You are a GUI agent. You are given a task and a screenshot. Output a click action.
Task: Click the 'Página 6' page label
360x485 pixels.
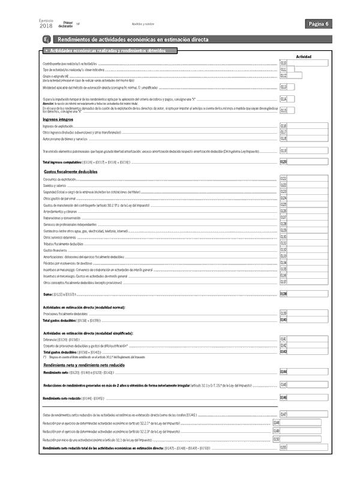pos(318,24)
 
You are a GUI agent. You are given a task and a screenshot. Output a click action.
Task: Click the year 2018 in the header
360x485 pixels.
pos(46,26)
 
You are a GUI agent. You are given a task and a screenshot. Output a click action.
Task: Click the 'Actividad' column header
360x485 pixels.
pos(304,56)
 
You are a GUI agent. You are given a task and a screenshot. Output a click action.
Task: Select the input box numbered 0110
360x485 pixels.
pos(307,62)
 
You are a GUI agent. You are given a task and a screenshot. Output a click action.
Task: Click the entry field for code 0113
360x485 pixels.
pos(307,87)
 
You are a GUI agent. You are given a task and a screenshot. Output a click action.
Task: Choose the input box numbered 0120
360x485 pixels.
pos(307,162)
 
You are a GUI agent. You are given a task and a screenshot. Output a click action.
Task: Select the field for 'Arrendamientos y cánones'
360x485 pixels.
pos(307,211)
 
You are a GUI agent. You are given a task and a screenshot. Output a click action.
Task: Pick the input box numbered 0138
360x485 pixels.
pos(307,294)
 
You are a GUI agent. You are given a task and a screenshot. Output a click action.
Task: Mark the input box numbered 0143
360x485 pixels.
pos(307,352)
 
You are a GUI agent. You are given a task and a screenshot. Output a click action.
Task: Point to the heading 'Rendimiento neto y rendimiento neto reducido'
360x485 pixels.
pos(83,365)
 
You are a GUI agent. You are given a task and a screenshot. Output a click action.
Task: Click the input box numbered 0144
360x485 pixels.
pos(307,372)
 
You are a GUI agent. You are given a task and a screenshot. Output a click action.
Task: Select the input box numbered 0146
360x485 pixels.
pos(307,397)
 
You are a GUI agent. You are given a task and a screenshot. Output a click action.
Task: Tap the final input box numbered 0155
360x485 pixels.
pos(307,447)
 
